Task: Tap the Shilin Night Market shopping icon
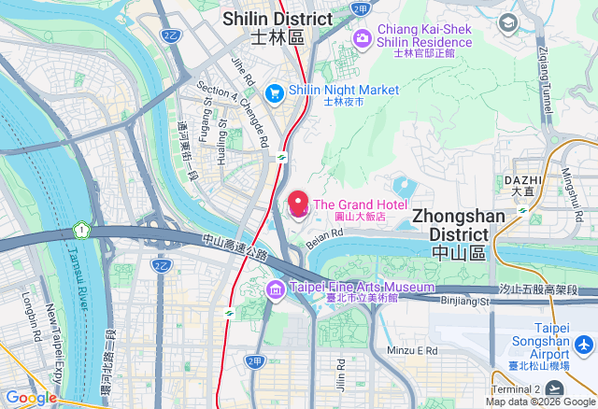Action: (275, 92)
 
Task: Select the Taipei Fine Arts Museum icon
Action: (276, 289)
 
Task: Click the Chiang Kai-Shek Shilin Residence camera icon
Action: (363, 37)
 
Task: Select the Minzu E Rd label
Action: (412, 350)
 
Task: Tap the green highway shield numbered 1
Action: (82, 229)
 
